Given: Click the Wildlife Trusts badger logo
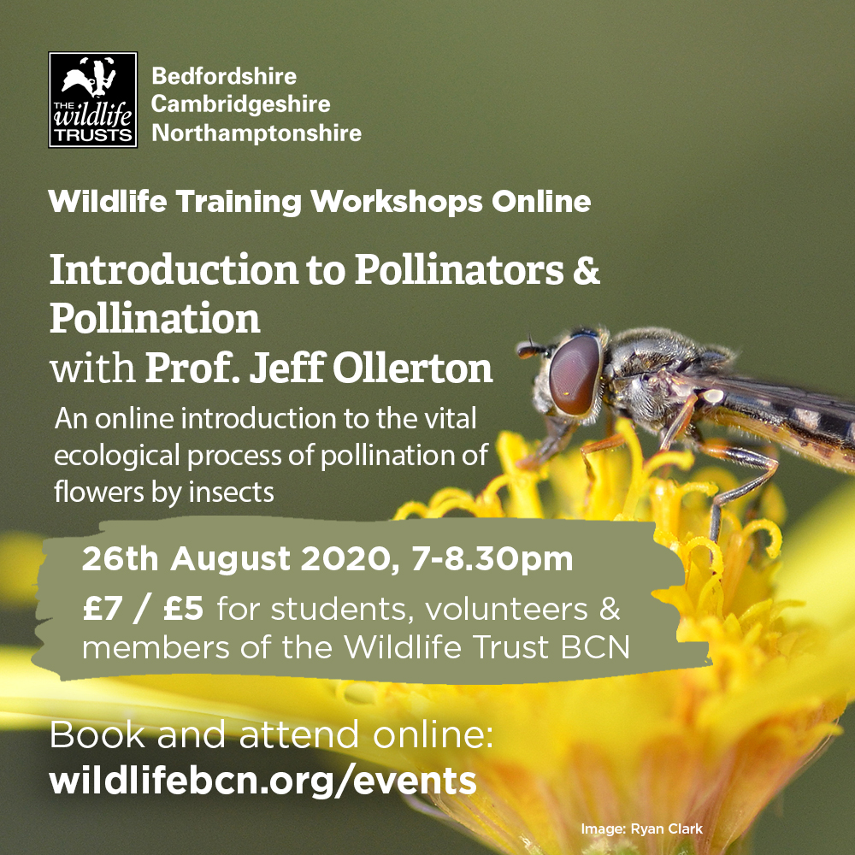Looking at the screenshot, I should click(x=93, y=100).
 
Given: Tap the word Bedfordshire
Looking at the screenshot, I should click(x=224, y=76).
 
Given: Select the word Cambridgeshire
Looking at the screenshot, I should click(x=240, y=104).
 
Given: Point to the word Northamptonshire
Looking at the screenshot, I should click(x=256, y=133).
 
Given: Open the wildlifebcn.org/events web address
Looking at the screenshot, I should click(x=262, y=781).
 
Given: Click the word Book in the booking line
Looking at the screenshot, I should click(x=91, y=734).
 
